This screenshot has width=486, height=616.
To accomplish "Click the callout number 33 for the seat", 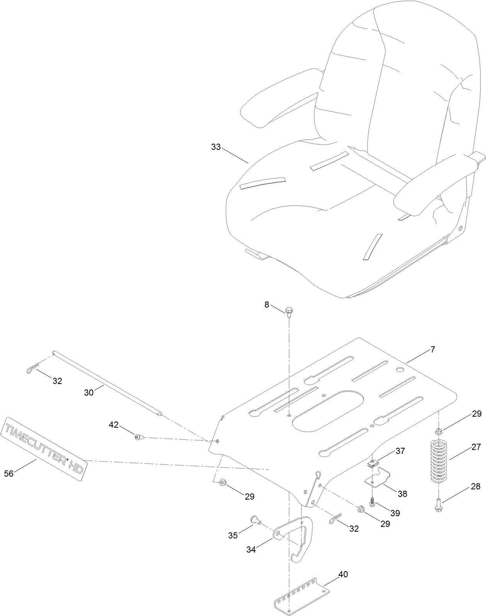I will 216,147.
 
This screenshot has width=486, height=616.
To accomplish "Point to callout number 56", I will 8,473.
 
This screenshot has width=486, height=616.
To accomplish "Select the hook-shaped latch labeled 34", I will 296,540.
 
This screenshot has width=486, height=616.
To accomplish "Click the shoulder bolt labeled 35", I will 255,520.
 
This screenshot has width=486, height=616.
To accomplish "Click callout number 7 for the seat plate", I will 432,350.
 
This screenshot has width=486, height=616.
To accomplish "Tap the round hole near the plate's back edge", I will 399,370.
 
